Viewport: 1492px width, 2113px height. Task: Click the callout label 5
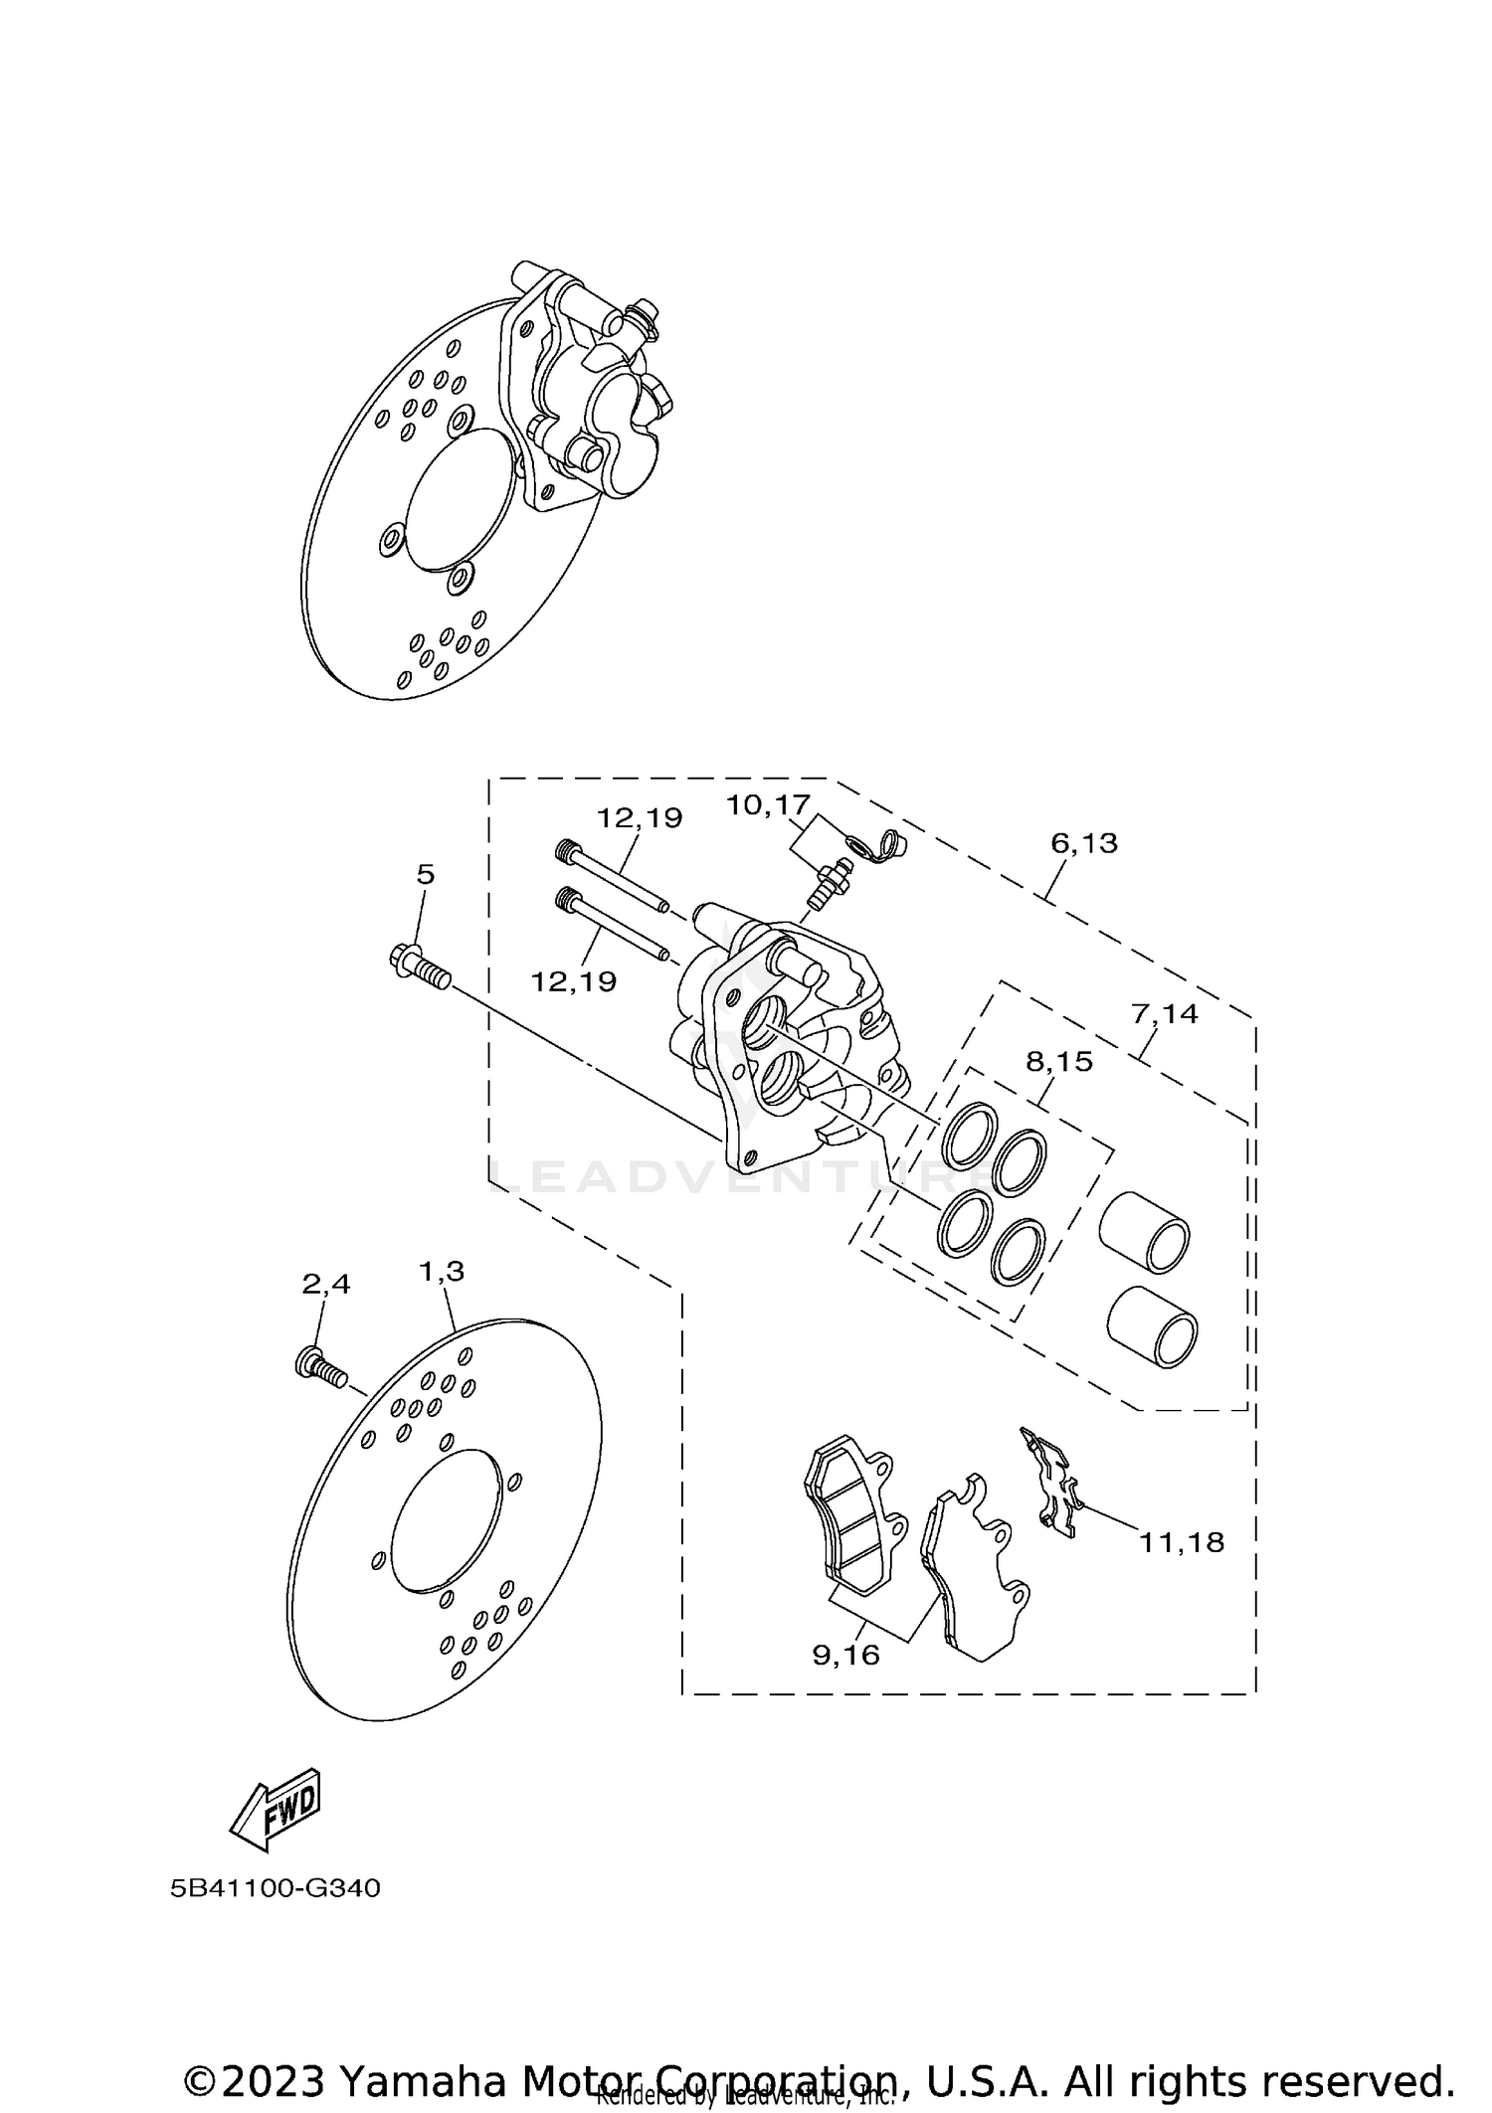click(425, 875)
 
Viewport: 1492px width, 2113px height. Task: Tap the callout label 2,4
click(326, 1285)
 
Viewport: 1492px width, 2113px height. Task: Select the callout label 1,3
click(442, 1271)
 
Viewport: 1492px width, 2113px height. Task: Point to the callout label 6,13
click(1084, 843)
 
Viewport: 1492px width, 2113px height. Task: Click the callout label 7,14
click(1165, 1014)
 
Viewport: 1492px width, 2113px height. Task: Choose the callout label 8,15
click(1059, 1062)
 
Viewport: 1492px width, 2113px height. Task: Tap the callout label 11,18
click(1182, 1542)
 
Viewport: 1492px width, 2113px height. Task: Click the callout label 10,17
click(768, 804)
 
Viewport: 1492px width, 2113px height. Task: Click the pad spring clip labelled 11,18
click(1052, 1490)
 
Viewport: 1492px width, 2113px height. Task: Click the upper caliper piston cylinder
click(1145, 1231)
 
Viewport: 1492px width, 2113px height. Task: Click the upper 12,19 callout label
click(640, 818)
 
